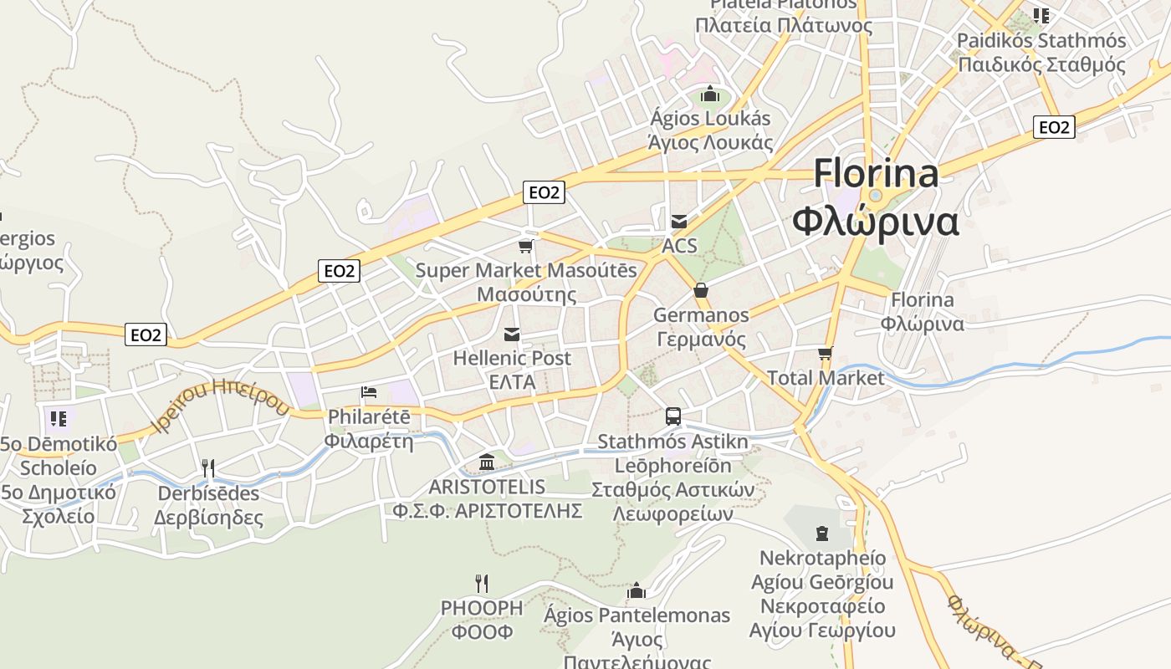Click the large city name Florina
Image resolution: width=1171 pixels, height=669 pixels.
coord(876,174)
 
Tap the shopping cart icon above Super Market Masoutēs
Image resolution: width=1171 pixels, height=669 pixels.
coord(526,246)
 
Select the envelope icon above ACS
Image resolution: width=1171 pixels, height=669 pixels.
coord(679,222)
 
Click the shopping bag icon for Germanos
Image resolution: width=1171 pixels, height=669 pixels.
coord(701,291)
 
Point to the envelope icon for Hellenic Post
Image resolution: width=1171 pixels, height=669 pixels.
coord(512,334)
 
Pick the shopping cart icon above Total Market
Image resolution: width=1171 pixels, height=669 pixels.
coord(826,353)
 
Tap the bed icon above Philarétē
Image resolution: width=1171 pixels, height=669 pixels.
coord(369,391)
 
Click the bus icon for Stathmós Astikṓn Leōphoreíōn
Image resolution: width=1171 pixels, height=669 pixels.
coord(673,416)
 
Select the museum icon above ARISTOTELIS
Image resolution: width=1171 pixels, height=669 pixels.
coord(487,462)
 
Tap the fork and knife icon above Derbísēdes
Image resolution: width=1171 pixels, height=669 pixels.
coord(208,468)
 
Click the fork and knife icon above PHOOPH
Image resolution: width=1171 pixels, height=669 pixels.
coord(482,583)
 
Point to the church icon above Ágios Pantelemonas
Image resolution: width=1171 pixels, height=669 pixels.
coord(637,591)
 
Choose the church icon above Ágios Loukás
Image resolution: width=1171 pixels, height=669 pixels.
coord(710,94)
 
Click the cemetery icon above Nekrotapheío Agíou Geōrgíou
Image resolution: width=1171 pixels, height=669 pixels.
coord(822,534)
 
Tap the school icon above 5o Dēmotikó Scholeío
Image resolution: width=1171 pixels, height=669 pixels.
coord(58,418)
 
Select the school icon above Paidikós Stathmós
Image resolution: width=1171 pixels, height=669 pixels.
coord(1041,15)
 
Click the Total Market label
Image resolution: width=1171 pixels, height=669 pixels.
coord(826,378)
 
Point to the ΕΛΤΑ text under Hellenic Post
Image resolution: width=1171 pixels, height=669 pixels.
coord(512,381)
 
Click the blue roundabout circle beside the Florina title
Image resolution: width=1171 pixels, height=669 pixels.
coord(876,196)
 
